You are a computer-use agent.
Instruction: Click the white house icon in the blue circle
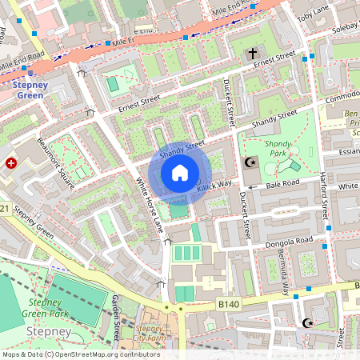(x=180, y=172)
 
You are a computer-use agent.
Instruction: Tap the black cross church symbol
(x=253, y=54)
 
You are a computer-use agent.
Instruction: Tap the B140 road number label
(x=227, y=304)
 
